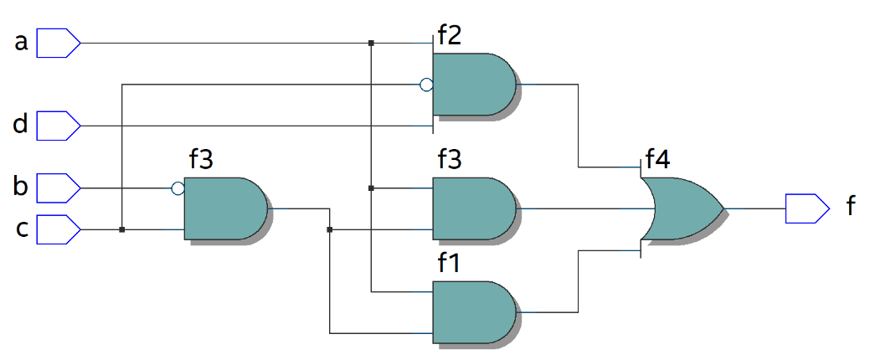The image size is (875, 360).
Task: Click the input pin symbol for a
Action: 59,43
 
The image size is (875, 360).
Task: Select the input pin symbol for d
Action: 59,126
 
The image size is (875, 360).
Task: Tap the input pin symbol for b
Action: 59,188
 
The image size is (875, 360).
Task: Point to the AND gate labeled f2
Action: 474,85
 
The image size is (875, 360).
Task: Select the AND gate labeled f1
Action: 474,311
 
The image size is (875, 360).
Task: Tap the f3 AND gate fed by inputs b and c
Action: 224,208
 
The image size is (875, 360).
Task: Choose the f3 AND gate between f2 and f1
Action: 474,208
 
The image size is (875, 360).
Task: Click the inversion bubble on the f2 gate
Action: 426,85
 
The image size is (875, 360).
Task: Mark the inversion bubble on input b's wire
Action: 178,188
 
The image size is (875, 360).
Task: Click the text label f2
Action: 449,35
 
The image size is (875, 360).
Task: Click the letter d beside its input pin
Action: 21,126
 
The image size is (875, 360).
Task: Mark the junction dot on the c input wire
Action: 122,229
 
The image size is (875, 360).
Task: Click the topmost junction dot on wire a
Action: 371,43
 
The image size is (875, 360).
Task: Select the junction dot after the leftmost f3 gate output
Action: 330,229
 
